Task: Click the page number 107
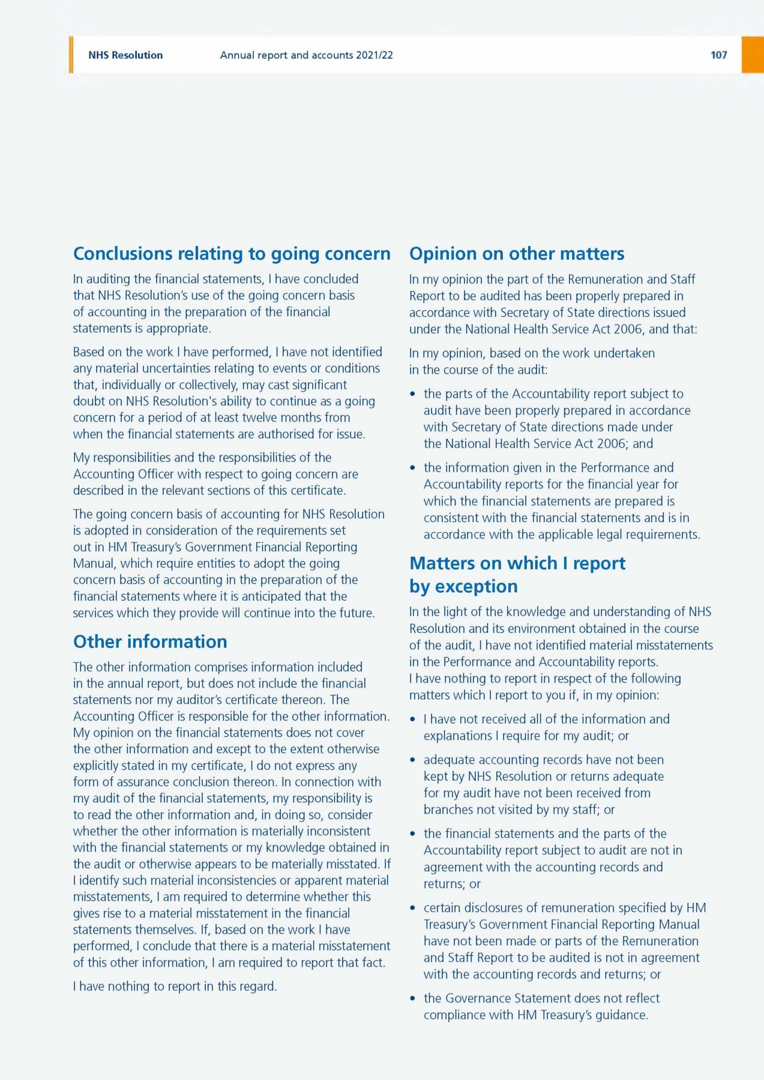tap(718, 55)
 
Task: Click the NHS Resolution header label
tap(125, 55)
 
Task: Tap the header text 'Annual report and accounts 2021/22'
tap(306, 55)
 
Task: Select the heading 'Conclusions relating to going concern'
tap(232, 254)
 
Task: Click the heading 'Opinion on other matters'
tap(517, 254)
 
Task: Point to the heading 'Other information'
tap(150, 641)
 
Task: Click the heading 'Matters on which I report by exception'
tap(517, 574)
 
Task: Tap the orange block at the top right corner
tap(753, 55)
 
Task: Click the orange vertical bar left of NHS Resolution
tap(71, 55)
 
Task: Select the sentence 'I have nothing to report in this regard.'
tap(175, 986)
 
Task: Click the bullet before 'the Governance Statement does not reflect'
tap(412, 999)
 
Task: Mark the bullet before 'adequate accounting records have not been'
tap(412, 760)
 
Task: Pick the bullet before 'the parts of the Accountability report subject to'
tap(412, 394)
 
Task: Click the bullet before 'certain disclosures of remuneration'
tap(412, 908)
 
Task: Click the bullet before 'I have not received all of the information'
tap(412, 719)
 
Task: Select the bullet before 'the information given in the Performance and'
tap(412, 468)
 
